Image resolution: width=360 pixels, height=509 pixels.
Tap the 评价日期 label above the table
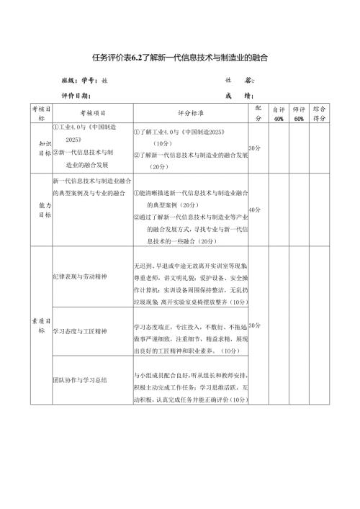tap(74, 95)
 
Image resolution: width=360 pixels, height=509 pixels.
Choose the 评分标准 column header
tap(190, 114)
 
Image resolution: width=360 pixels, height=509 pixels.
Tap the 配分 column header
tap(258, 114)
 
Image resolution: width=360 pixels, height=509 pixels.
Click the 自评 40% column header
tap(279, 114)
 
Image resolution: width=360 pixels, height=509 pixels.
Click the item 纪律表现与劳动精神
tap(79, 276)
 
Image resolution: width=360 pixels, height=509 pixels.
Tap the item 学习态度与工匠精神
tap(79, 332)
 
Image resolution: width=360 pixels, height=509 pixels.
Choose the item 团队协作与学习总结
tap(79, 379)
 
